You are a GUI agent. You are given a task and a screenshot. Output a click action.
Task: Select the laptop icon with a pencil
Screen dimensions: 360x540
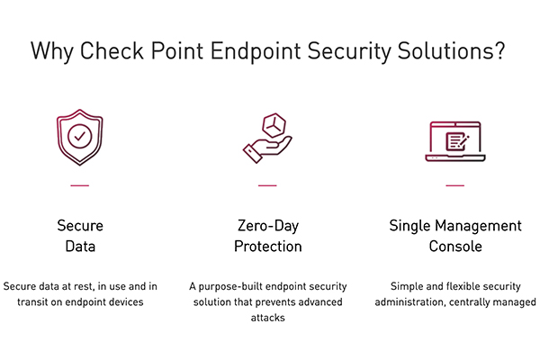pos(454,140)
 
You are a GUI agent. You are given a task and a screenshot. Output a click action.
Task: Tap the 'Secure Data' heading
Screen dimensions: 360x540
pos(80,235)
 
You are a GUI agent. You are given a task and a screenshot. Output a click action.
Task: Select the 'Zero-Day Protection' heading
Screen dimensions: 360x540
pos(267,235)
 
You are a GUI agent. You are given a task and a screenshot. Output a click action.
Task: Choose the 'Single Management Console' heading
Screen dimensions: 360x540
pos(455,235)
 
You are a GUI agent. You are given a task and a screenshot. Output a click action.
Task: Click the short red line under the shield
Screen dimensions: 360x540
pos(79,185)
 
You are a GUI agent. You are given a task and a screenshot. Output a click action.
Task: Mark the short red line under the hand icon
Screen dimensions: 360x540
pos(267,185)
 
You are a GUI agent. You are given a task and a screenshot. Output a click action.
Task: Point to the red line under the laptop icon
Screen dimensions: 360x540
pos(455,185)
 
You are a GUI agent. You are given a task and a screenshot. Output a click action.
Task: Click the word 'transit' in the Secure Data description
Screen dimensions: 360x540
pos(33,301)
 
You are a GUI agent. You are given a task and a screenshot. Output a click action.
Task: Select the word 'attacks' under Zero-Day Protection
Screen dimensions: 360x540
pos(267,318)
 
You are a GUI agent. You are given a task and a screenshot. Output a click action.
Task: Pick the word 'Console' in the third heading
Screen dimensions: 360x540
pos(455,246)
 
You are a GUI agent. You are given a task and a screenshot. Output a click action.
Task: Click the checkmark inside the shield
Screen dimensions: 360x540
pos(79,137)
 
